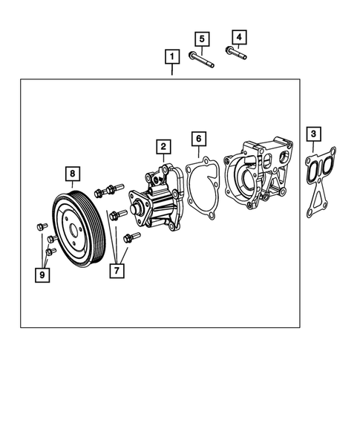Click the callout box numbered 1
point(171,56)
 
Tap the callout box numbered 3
point(314,134)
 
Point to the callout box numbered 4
point(238,36)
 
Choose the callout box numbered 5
point(200,38)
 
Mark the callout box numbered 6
point(197,139)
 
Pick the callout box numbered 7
point(117,271)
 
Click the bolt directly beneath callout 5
point(202,59)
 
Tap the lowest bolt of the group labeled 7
point(132,237)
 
